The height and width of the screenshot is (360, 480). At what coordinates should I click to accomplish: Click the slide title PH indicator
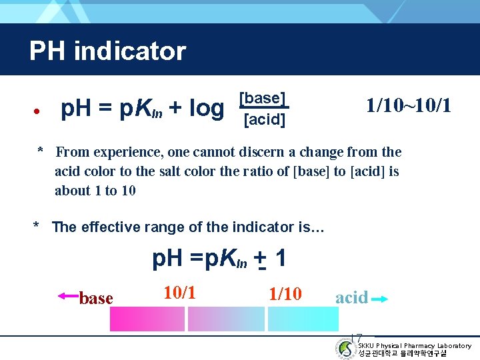coord(107,51)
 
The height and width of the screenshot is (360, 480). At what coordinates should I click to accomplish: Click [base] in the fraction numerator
coord(263,99)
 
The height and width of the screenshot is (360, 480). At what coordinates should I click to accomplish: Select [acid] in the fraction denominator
coord(264,120)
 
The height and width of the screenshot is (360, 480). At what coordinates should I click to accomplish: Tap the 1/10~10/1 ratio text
coord(409,105)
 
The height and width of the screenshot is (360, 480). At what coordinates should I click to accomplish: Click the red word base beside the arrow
coord(96,299)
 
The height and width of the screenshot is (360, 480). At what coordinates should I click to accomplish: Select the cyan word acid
coord(351,297)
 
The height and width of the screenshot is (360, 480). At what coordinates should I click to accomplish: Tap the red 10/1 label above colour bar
coord(179,292)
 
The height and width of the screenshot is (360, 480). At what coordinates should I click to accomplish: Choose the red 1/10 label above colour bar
coord(285,294)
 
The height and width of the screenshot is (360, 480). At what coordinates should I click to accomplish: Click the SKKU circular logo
coord(345,348)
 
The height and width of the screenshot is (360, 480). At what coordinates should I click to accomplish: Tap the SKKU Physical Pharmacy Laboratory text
coord(414,345)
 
